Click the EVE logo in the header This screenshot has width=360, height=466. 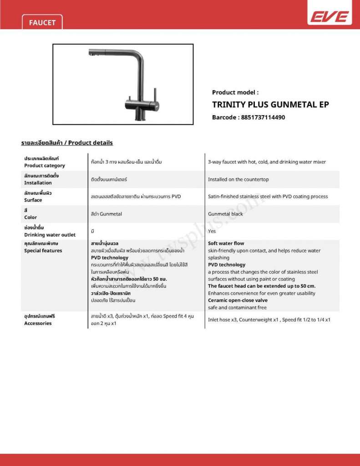pyautogui.click(x=330, y=17)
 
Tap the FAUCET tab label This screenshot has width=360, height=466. pyautogui.click(x=42, y=22)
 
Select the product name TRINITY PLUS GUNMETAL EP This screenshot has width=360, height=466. pyautogui.click(x=270, y=104)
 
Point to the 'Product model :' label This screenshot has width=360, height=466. pyautogui.click(x=235, y=92)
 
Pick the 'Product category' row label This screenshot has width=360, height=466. pyautogui.click(x=45, y=166)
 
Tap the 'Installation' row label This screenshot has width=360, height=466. pyautogui.click(x=38, y=183)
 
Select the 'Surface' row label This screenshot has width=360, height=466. pyautogui.click(x=33, y=200)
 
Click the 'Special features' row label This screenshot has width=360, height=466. pyautogui.click(x=43, y=251)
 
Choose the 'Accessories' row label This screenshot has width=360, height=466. pyautogui.click(x=38, y=324)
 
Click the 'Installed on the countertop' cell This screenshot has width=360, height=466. pyautogui.click(x=238, y=179)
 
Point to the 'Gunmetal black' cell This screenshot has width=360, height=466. pyautogui.click(x=225, y=214)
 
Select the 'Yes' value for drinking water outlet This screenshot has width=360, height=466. pyautogui.click(x=212, y=231)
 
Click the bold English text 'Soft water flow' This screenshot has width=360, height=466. pyautogui.click(x=226, y=243)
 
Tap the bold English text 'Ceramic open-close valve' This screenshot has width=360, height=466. pyautogui.click(x=238, y=300)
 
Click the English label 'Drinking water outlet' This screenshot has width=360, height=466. pyautogui.click(x=50, y=235)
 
